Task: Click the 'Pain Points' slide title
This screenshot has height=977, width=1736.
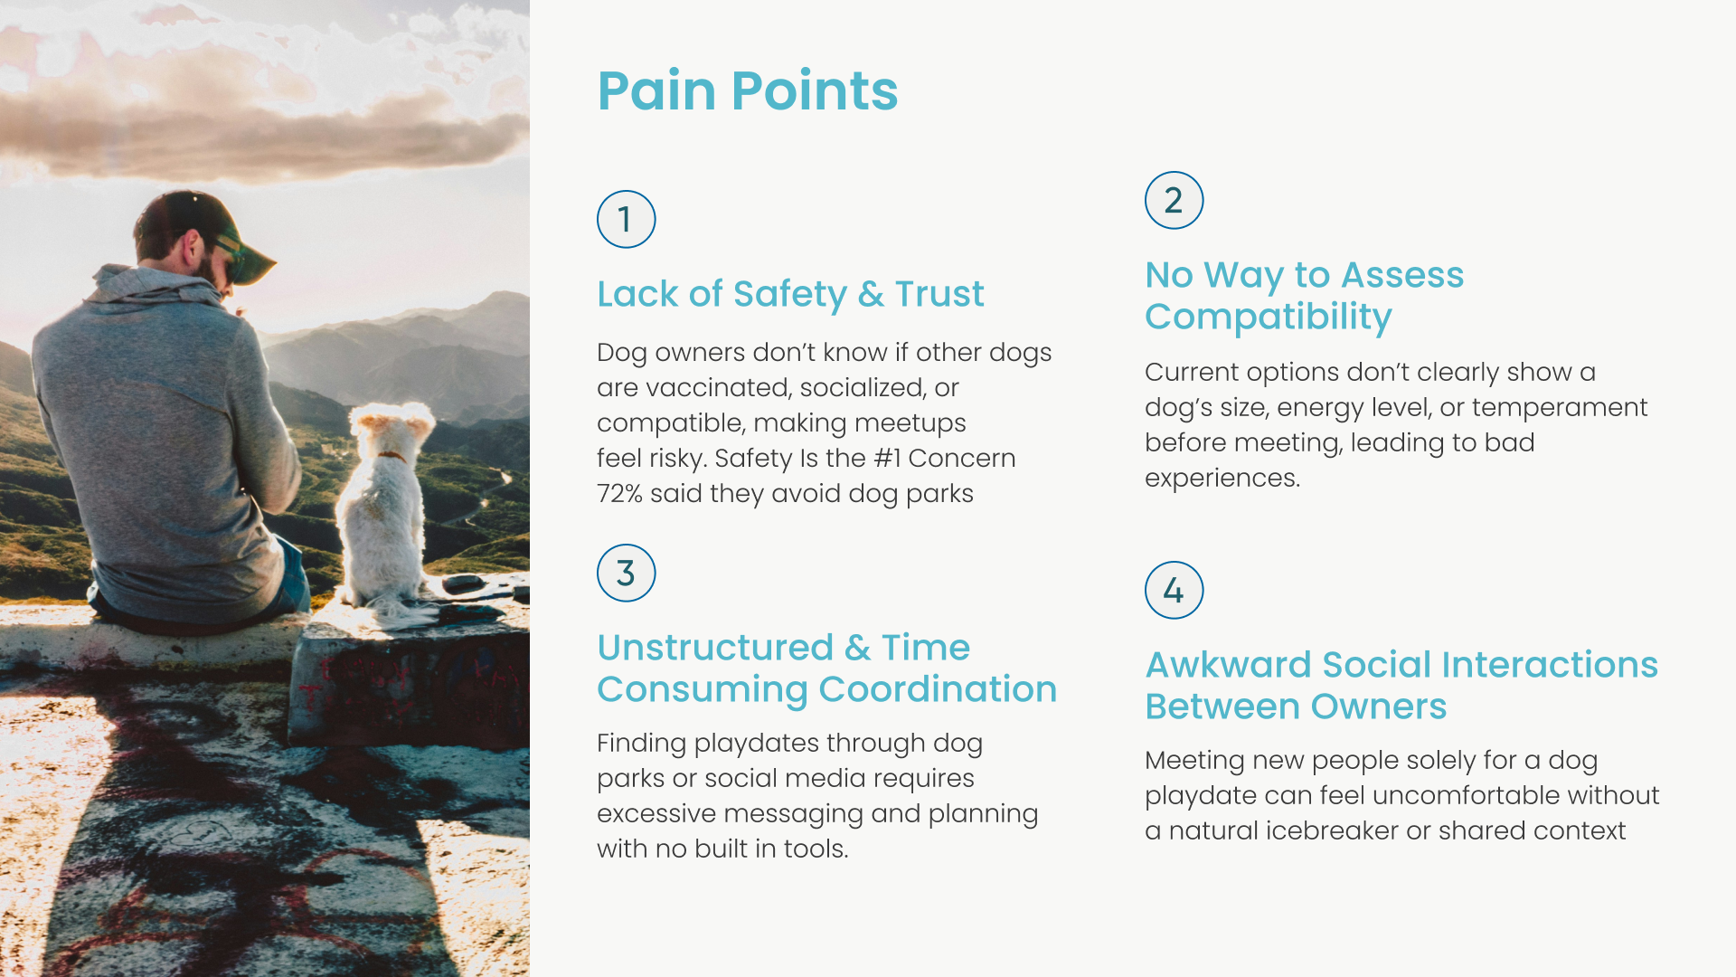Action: (x=747, y=91)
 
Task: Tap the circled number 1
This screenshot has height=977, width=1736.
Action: (x=626, y=220)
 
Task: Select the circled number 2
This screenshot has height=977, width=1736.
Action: (x=1174, y=201)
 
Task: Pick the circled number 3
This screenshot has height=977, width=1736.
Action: (x=626, y=574)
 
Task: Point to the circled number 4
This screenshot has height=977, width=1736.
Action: (x=1174, y=591)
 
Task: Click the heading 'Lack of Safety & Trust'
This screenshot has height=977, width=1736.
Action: (x=790, y=294)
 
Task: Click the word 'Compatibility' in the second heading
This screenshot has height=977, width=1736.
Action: (x=1268, y=318)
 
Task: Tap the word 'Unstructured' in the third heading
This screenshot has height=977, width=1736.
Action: (x=715, y=648)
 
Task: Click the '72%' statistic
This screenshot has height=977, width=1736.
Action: (x=619, y=494)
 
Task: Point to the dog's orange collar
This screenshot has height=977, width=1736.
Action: (x=391, y=457)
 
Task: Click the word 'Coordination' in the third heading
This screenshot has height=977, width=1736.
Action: (x=937, y=690)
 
